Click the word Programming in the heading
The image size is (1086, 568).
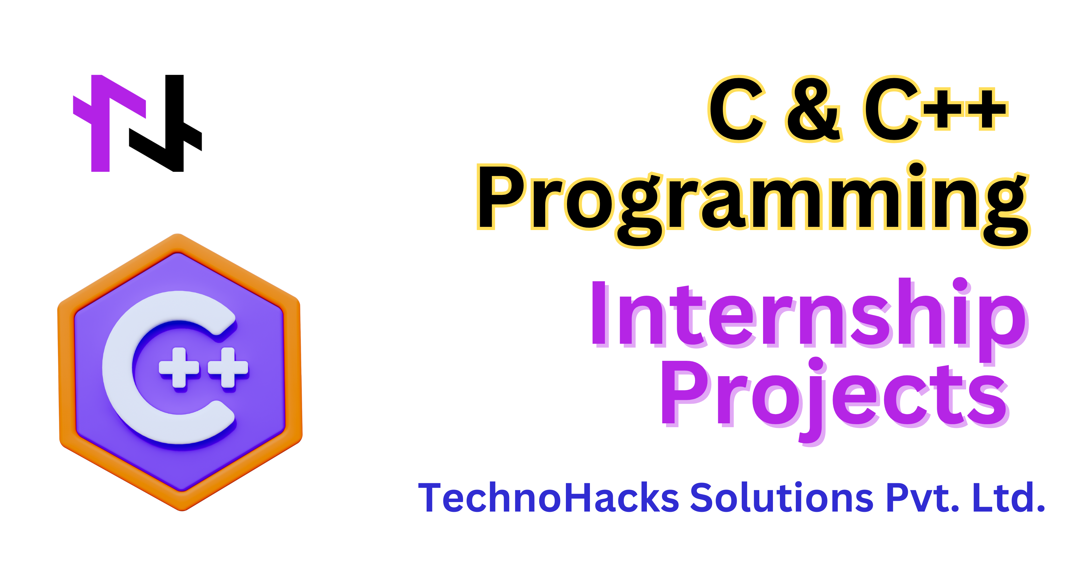[x=753, y=204]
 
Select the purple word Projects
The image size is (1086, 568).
[x=835, y=400]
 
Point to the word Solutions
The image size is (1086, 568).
[x=782, y=498]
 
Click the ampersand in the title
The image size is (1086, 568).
[x=814, y=110]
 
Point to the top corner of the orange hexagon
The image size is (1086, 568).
[x=178, y=234]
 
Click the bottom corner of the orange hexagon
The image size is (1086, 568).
[x=182, y=510]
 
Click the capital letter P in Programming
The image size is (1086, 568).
[x=502, y=197]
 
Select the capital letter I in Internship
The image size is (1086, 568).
[x=599, y=313]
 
